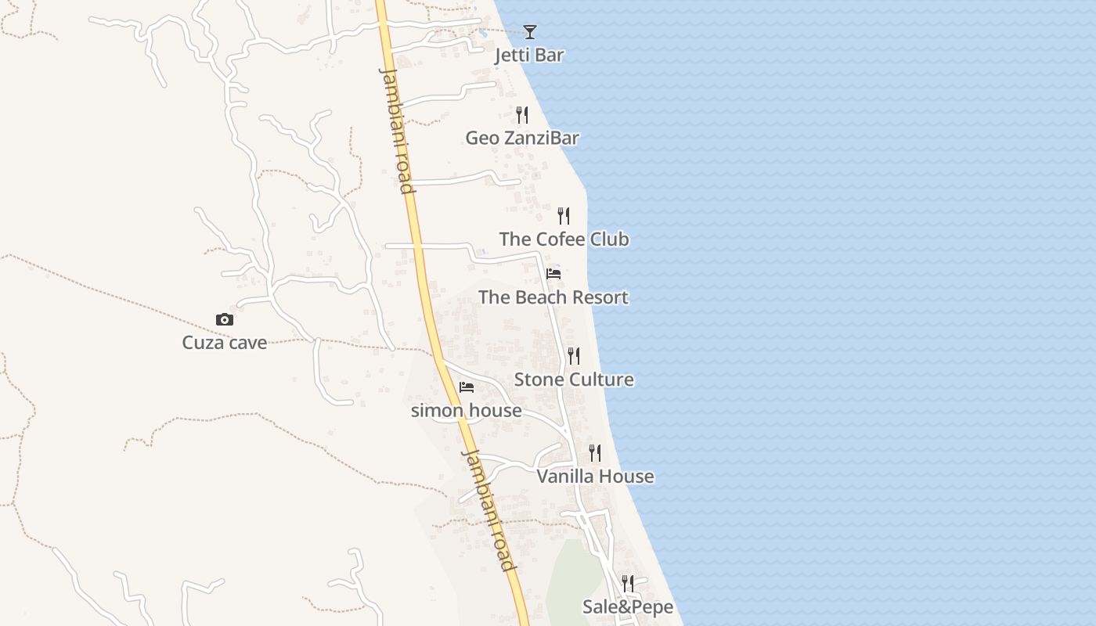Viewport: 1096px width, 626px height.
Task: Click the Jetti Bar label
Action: click(530, 56)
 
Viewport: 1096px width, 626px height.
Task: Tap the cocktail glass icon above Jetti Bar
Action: click(530, 32)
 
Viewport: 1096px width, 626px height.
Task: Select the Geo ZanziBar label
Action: click(522, 139)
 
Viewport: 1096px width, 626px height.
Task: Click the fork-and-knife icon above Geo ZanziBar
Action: click(522, 115)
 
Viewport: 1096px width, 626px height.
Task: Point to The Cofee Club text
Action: click(564, 239)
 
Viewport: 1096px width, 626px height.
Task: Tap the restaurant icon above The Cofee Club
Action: click(564, 216)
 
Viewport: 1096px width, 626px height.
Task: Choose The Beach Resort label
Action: click(553, 298)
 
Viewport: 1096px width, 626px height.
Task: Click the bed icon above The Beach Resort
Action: click(553, 274)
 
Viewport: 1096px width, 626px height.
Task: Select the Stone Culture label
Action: click(574, 380)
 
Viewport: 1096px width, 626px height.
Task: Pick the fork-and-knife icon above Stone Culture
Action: click(574, 356)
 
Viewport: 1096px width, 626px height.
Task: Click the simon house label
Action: click(467, 411)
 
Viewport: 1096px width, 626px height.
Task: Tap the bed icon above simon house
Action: click(467, 387)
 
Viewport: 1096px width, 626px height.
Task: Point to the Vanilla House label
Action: click(595, 477)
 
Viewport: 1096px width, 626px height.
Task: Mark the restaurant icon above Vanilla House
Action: click(595, 452)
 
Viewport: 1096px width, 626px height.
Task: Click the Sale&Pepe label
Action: click(628, 607)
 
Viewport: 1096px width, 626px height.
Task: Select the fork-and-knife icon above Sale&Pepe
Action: click(628, 583)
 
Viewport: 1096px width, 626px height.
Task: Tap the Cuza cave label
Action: click(225, 343)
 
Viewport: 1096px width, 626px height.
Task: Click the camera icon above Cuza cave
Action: click(225, 319)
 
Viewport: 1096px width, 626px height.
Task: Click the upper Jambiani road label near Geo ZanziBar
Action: click(397, 130)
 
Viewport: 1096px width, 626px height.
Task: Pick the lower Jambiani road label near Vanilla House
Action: click(489, 509)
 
